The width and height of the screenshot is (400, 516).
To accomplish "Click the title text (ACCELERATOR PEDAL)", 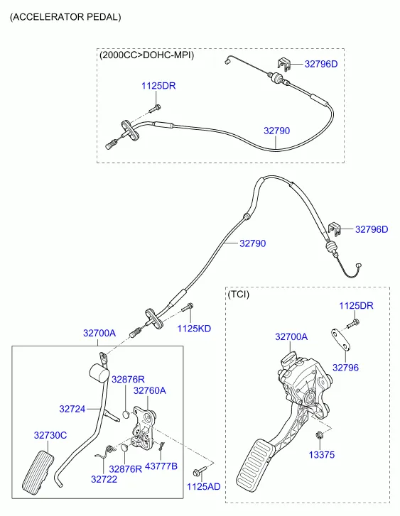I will (65, 16).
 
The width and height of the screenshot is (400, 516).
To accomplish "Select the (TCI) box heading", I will (238, 293).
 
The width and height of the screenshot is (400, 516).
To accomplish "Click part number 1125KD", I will (194, 329).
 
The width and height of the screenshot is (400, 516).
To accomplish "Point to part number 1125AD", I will (203, 487).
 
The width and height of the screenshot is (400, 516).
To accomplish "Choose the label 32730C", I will (50, 435).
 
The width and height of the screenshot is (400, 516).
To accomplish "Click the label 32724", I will (72, 409).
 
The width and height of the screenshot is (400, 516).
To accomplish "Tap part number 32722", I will (104, 479).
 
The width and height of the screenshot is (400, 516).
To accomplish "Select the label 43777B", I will (161, 466).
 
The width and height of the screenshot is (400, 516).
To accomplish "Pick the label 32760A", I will (149, 390).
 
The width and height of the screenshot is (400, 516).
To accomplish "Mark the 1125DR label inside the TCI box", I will (355, 305).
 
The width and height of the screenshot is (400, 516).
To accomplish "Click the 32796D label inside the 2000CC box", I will (321, 64).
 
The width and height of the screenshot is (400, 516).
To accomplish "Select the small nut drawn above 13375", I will (319, 436).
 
